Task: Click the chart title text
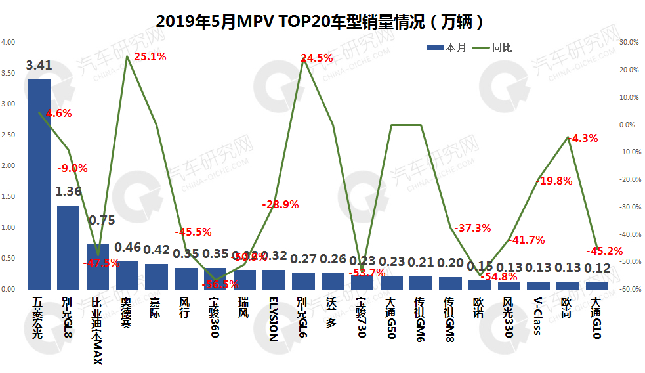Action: click(x=322, y=21)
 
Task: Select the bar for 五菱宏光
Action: click(x=39, y=185)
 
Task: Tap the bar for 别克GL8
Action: click(x=68, y=248)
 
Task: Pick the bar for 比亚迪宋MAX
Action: click(x=98, y=267)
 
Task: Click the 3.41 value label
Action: click(x=39, y=65)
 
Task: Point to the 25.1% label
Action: click(x=150, y=56)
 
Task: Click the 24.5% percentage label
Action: click(x=317, y=58)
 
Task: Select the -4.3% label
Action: click(x=583, y=138)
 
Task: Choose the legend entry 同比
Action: click(x=493, y=47)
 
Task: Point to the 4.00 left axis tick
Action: click(x=9, y=42)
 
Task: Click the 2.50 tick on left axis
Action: click(x=9, y=135)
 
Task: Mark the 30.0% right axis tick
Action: click(x=629, y=42)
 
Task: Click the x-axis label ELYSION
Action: click(x=274, y=318)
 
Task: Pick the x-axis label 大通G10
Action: click(x=596, y=317)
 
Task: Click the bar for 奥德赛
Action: click(x=127, y=275)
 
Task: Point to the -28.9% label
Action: click(x=280, y=204)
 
